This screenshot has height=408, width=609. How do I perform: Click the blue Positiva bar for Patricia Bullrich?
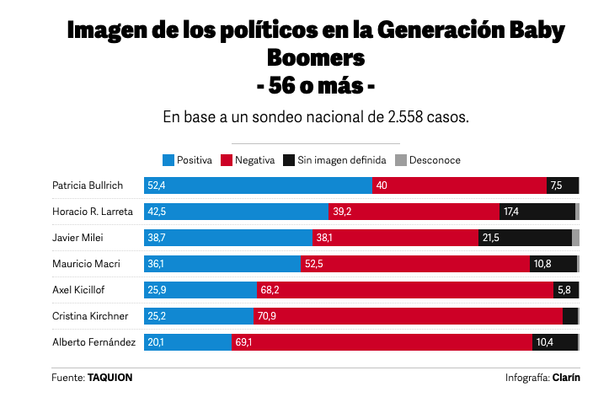(x=258, y=185)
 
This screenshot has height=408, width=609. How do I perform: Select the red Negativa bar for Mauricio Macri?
(x=415, y=264)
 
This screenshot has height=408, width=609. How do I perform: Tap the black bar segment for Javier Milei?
(x=525, y=238)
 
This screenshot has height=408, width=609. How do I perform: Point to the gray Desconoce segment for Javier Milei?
(x=575, y=238)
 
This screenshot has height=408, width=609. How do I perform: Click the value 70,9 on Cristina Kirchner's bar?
(x=267, y=316)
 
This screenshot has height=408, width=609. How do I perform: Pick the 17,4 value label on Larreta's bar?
(x=511, y=212)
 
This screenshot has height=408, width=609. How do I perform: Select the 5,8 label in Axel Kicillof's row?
(x=564, y=290)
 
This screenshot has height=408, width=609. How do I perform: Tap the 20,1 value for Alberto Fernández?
(x=156, y=342)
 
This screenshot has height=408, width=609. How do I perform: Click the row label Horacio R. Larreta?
(x=93, y=212)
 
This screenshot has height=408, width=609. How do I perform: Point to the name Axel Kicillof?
(x=78, y=290)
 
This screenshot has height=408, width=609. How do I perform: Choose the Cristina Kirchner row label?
(x=90, y=316)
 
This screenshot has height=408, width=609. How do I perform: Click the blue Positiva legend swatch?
(x=168, y=160)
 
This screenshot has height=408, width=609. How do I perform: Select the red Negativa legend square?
(x=227, y=160)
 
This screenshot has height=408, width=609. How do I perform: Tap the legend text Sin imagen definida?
(x=342, y=160)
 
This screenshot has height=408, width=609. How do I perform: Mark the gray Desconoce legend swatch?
(x=401, y=160)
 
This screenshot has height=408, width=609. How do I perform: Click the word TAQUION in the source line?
(x=110, y=378)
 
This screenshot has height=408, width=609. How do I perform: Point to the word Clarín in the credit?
(x=566, y=378)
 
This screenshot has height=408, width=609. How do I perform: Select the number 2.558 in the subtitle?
(x=405, y=117)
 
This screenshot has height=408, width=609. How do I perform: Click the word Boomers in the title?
(x=316, y=58)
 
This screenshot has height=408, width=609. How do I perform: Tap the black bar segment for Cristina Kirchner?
(x=570, y=316)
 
